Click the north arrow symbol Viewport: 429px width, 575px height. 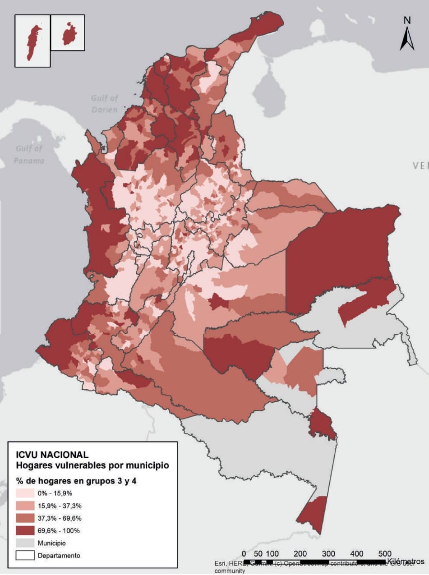(x=407, y=39)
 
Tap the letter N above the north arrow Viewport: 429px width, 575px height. (x=407, y=20)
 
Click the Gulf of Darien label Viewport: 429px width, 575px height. (x=104, y=104)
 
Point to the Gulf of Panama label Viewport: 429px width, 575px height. (x=29, y=154)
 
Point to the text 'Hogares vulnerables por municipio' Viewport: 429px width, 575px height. (x=92, y=465)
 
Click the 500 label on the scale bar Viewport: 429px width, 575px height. (x=385, y=554)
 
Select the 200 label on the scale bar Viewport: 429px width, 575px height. (x=300, y=554)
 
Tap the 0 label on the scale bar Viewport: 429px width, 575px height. (x=244, y=554)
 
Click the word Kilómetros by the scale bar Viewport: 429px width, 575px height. (x=405, y=561)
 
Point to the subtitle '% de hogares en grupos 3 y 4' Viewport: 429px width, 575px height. (x=76, y=481)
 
